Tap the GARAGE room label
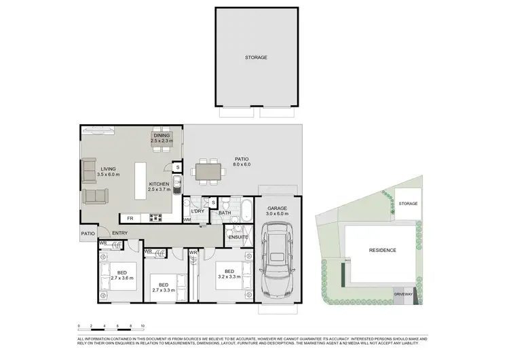[x=278, y=208]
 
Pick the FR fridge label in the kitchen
[x=130, y=218]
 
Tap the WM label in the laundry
[x=187, y=220]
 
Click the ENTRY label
[x=120, y=234]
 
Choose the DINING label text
[x=162, y=135]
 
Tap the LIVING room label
[x=108, y=169]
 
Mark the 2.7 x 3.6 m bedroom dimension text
[x=122, y=278]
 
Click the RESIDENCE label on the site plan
[x=382, y=250]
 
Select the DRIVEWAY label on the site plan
[x=403, y=294]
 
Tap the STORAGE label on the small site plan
[x=408, y=204]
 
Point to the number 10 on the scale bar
[x=143, y=326]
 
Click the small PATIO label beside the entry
[x=88, y=234]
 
